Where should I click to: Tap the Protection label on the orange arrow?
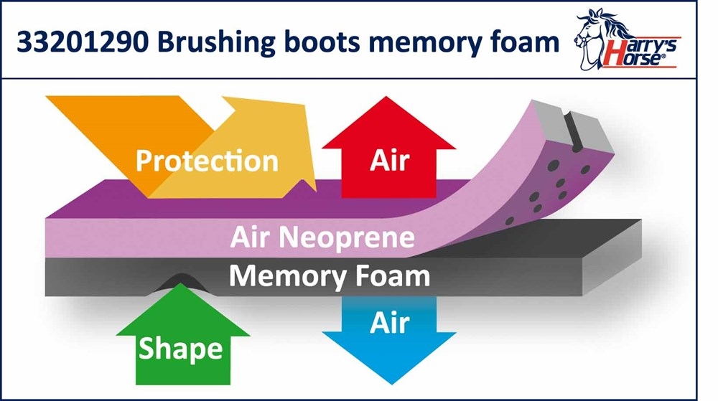207,160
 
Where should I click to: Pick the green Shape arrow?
180,345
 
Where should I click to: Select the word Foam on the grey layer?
394,275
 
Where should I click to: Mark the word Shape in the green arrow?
180,349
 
